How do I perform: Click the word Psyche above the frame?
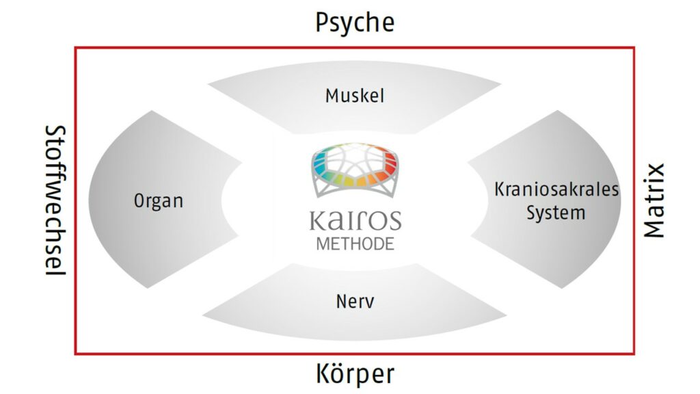pos(354,23)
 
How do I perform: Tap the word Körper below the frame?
pos(355,373)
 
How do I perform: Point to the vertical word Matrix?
pos(654,200)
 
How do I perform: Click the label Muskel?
pos(354,95)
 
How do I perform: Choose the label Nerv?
pos(355,301)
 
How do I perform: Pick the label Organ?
pos(159,201)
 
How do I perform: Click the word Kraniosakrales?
pos(556,188)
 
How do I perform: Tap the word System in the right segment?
pos(556,212)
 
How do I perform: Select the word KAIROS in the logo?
pos(355,221)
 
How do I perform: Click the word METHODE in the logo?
pos(355,244)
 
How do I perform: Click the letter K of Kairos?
pos(317,221)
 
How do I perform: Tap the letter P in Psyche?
pos(322,23)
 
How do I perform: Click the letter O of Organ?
pos(139,201)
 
